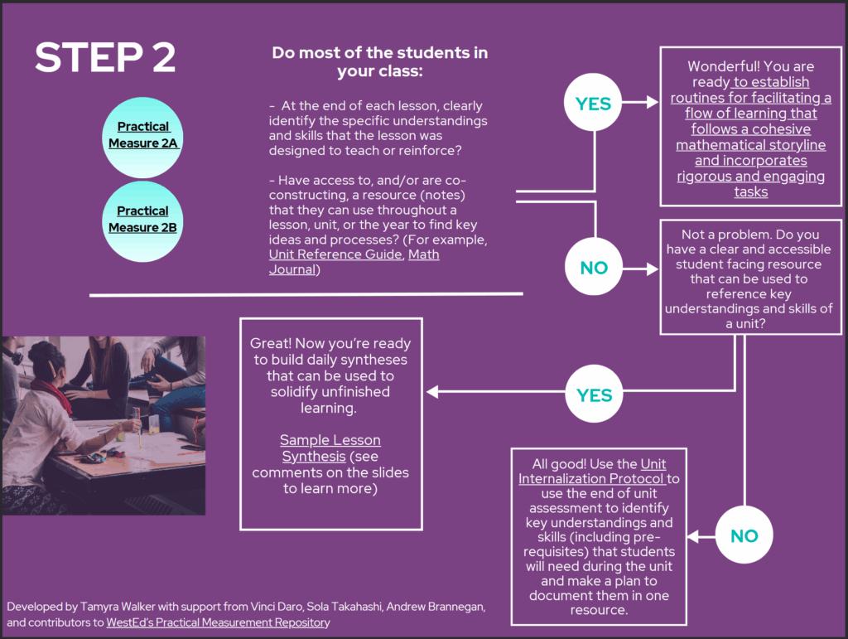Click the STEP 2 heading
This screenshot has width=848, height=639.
coord(105,57)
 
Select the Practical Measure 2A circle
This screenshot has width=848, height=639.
coord(143,135)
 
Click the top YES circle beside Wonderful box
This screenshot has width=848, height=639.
coord(594,104)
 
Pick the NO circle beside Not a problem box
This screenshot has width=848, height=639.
coord(594,268)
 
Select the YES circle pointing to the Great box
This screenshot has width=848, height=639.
coord(594,395)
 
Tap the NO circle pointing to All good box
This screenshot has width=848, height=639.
coord(743,536)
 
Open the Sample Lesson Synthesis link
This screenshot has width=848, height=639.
coord(330,448)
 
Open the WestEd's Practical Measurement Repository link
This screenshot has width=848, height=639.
coord(218,622)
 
